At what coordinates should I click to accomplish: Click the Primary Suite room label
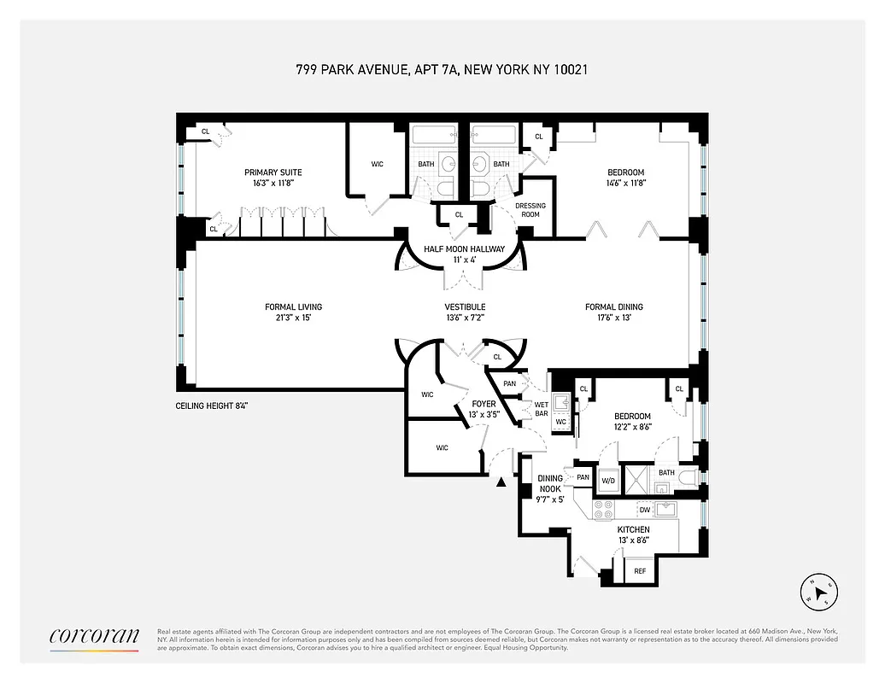(x=273, y=172)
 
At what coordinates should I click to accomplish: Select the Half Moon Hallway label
(x=464, y=249)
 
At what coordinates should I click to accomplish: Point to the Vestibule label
(x=465, y=307)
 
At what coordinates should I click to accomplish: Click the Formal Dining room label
(x=613, y=307)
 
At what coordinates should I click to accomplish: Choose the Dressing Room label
(x=530, y=210)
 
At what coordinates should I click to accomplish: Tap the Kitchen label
(x=633, y=529)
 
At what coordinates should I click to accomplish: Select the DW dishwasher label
(x=645, y=510)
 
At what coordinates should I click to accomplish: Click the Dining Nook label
(x=549, y=484)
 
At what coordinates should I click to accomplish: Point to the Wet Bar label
(x=541, y=409)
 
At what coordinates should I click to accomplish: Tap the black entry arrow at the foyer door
(x=501, y=482)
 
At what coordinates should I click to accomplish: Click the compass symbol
(x=821, y=592)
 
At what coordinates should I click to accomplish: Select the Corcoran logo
(x=94, y=636)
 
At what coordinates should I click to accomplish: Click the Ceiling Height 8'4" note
(x=212, y=406)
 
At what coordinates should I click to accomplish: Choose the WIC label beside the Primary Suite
(x=377, y=164)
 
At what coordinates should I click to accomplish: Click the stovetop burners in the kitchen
(x=603, y=510)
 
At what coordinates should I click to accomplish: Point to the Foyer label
(x=484, y=404)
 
